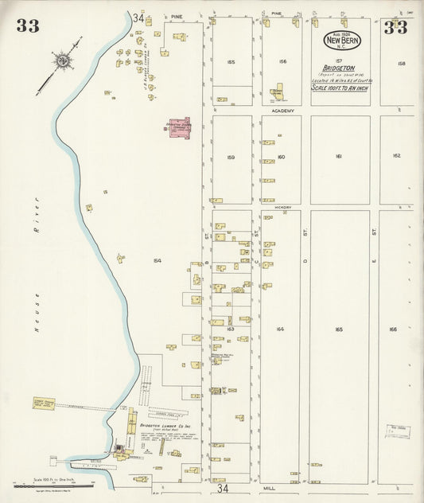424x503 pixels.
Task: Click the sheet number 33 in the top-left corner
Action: pos(27,26)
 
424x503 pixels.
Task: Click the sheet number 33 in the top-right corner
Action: pos(395,28)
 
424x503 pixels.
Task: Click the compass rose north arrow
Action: pos(60,60)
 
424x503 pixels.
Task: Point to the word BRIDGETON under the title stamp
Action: pos(339,68)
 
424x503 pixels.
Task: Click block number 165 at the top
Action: pos(231,61)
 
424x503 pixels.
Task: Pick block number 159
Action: pos(231,157)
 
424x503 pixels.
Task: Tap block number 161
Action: pos(339,157)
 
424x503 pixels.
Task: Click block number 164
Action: pos(280,328)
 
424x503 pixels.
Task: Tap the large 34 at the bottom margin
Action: pos(224,488)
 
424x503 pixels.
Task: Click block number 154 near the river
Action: pos(157,260)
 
